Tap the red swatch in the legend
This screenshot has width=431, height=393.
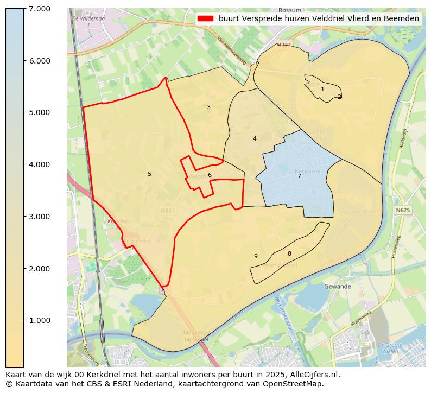(x=206, y=18)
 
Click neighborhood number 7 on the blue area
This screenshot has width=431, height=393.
(x=299, y=176)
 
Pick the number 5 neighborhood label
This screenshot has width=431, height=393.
(x=149, y=174)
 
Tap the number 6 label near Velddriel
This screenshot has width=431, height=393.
(x=210, y=175)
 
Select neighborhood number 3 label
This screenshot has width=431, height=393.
(x=208, y=107)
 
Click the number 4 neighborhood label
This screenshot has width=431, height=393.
(x=255, y=138)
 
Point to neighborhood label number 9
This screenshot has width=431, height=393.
(x=256, y=256)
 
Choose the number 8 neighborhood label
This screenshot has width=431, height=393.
(x=289, y=253)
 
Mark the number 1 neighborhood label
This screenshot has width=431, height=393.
(x=322, y=89)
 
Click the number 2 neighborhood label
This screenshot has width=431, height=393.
(x=339, y=97)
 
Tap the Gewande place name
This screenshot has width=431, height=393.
(x=337, y=286)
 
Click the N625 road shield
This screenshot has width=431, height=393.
(x=402, y=210)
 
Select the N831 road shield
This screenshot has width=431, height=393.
(x=168, y=210)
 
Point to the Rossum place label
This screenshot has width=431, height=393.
(x=289, y=10)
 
